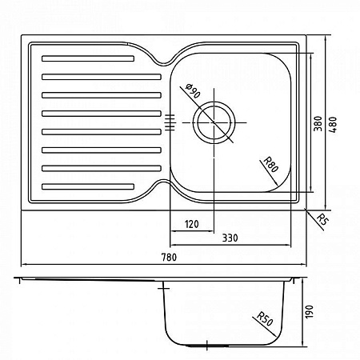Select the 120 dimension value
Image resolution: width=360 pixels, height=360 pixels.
pos(190,224)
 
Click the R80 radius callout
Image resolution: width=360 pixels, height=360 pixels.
pos(270,166)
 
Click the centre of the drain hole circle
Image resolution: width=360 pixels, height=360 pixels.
pos(215,122)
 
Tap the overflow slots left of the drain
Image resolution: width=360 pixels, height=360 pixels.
pos(169,122)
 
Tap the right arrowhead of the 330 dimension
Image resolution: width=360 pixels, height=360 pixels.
pos(293,245)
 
